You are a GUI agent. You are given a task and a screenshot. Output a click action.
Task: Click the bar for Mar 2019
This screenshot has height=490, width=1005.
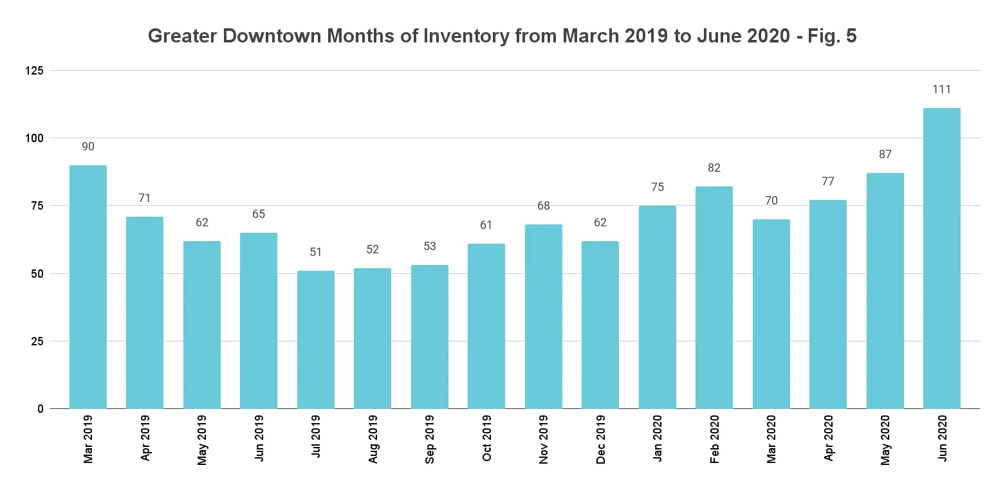coord(88,287)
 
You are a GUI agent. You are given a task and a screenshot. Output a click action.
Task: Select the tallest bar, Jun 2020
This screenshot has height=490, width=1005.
coord(941,259)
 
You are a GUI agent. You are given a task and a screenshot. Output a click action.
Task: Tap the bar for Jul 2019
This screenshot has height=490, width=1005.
coord(316,340)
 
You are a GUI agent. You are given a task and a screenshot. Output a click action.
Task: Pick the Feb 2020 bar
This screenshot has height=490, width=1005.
coord(714,298)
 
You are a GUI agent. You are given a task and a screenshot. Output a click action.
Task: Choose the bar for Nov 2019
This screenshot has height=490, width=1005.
coord(543,316)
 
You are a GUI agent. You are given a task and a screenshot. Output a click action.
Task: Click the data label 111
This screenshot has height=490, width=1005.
coord(941,89)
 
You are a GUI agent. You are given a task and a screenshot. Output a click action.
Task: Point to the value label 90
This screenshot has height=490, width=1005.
coord(88,147)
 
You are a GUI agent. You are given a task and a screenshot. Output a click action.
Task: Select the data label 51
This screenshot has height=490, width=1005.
coord(316,252)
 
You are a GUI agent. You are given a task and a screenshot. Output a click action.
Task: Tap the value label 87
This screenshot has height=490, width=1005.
coord(885,154)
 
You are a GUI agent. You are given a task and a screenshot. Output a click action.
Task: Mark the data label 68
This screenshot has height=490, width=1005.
coord(543,206)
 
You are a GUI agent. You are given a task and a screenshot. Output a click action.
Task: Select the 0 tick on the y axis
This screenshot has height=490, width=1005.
coord(40,409)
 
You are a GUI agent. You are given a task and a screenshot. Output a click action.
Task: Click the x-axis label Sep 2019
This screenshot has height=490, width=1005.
coord(430,444)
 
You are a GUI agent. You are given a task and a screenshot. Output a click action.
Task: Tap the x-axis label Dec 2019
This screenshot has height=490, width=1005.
coord(600,444)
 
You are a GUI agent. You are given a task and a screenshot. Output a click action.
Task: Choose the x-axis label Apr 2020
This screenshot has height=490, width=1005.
coord(828,444)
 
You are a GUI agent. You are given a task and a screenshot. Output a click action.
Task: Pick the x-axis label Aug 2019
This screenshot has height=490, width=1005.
coord(373,444)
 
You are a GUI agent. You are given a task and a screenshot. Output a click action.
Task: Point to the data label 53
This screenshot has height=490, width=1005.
coord(430,246)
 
